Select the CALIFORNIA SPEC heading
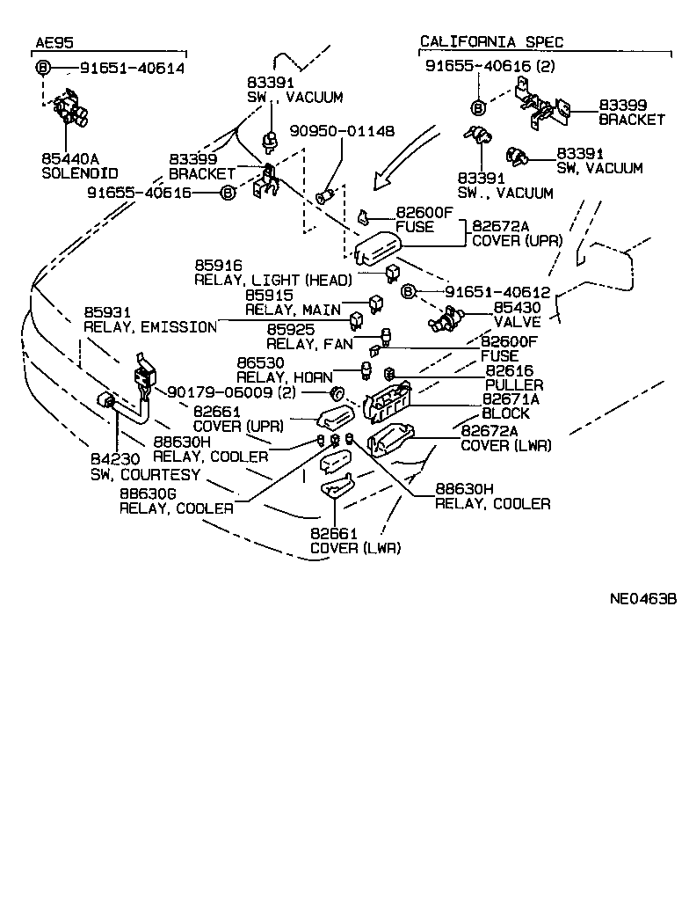coord(491,41)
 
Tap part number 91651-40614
coord(133,68)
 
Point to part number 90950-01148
coord(342,131)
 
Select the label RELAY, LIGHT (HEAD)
coord(272,280)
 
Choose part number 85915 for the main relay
coord(269,296)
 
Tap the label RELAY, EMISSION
coord(149,327)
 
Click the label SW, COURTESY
coord(145,474)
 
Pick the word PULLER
coord(513,384)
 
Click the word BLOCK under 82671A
coord(505,413)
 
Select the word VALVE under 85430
coord(516,322)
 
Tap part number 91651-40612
coord(497,292)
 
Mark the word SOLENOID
coord(79,173)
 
